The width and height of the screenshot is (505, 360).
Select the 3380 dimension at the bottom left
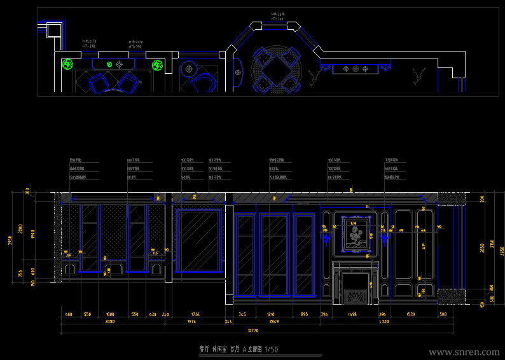click(109, 322)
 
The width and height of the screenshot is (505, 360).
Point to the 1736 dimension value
click(195, 314)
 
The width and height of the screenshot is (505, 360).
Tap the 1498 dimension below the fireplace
click(352, 314)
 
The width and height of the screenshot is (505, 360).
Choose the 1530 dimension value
click(410, 314)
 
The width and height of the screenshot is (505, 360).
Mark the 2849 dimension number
click(273, 322)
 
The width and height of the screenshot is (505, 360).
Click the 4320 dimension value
click(383, 322)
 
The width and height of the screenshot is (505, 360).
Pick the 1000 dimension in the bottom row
click(109, 314)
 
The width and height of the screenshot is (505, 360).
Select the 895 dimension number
click(304, 314)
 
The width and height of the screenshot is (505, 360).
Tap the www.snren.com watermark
click(464, 352)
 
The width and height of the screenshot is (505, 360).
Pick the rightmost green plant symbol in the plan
click(157, 64)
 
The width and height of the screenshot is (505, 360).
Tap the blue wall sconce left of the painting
click(327, 238)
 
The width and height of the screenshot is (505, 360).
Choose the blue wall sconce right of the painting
click(384, 238)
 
